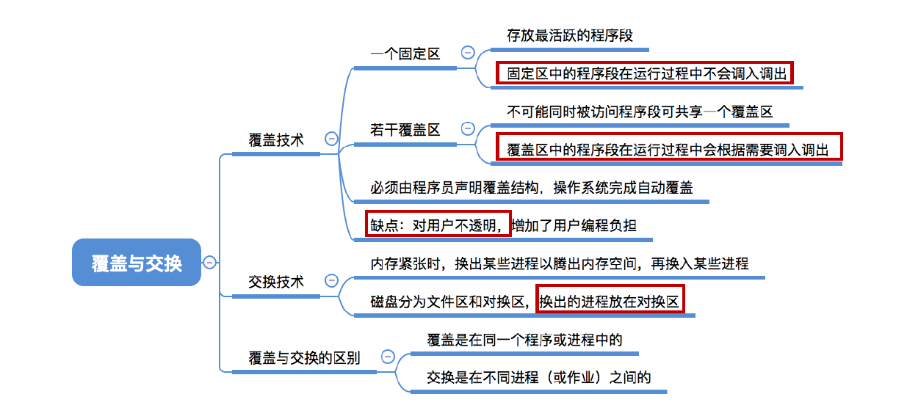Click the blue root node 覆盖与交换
tap(137, 262)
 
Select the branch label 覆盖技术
tap(276, 139)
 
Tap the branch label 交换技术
tap(276, 282)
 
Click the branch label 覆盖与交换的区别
tap(305, 357)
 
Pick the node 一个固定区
tap(405, 54)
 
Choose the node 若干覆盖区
tap(405, 130)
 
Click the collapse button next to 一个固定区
tap(468, 52)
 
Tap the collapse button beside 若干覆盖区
tap(468, 129)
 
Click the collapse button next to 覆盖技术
tap(331, 139)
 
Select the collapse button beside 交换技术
tap(331, 281)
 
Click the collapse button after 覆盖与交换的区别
tap(388, 357)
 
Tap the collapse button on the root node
tap(210, 262)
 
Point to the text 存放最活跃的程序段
tap(570, 35)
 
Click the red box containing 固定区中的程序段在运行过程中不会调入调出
tap(644, 73)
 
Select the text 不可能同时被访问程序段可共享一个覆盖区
tap(640, 112)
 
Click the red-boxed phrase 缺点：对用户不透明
tap(438, 225)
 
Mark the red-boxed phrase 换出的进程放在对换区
tap(610, 301)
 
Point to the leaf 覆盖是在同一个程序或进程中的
tap(524, 340)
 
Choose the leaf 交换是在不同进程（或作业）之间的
tap(538, 378)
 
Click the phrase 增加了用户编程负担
tap(574, 225)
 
